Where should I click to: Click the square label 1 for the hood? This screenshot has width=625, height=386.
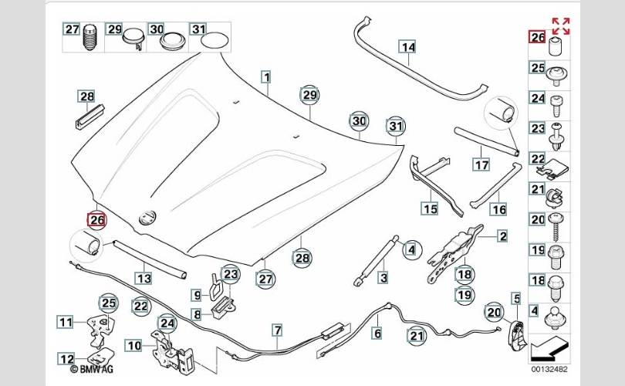(265, 77)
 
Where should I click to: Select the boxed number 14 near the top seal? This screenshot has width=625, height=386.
(407, 47)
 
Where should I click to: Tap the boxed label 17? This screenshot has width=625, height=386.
(481, 164)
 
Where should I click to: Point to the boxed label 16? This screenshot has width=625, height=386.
(498, 209)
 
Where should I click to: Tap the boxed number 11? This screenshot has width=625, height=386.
(66, 322)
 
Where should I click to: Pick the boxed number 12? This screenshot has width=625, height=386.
(66, 358)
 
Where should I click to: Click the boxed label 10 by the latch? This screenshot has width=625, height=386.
(134, 346)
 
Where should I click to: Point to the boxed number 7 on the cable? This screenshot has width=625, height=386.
(276, 331)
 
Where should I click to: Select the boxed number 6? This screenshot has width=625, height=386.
(377, 334)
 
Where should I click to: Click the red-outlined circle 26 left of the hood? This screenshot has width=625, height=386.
(97, 221)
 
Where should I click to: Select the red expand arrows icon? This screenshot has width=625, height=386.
(560, 26)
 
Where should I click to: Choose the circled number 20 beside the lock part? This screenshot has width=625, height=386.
(493, 311)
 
